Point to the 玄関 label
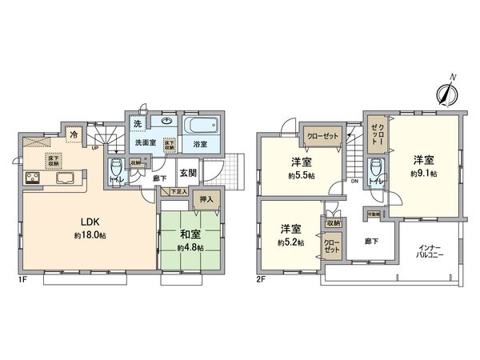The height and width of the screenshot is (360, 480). [x=189, y=173]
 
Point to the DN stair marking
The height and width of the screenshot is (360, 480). [x=354, y=182]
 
